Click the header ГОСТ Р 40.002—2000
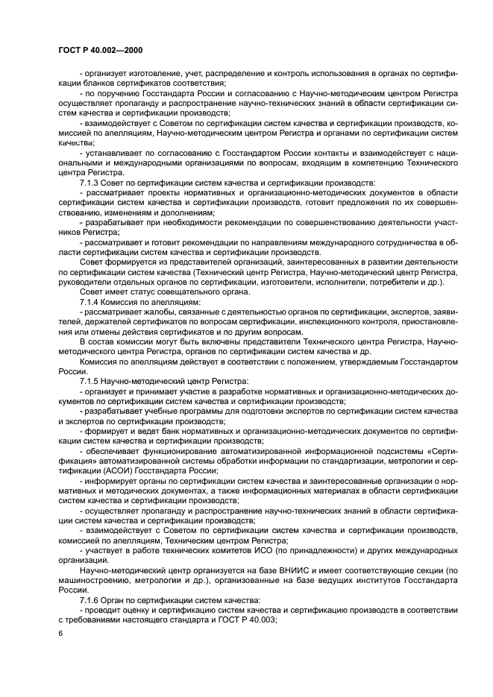pos(100,49)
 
